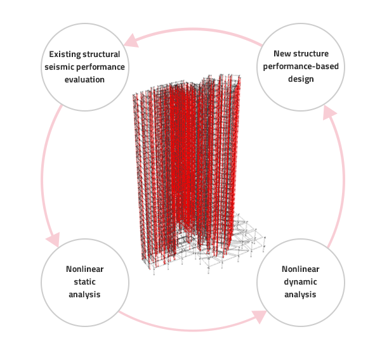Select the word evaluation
[84, 80]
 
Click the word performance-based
[301, 67]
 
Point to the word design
[301, 79]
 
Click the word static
[84, 282]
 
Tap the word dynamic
[300, 282]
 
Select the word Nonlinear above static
[85, 269]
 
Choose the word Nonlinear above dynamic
[301, 269]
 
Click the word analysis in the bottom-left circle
[84, 295]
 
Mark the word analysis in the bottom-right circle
[300, 295]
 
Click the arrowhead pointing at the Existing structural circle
[131, 41]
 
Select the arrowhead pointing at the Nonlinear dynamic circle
[259, 316]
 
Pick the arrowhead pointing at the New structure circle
[329, 113]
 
